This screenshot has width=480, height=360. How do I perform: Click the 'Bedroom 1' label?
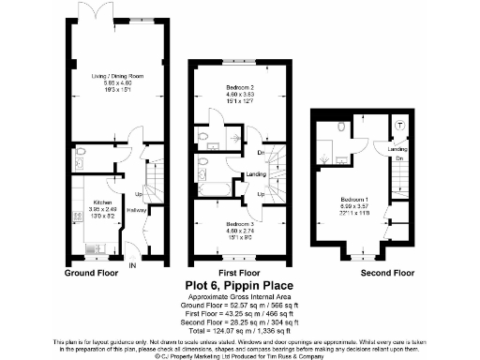click(352, 201)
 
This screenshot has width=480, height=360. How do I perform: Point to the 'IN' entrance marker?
click(132, 265)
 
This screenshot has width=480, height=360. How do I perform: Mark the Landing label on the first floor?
click(255, 174)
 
